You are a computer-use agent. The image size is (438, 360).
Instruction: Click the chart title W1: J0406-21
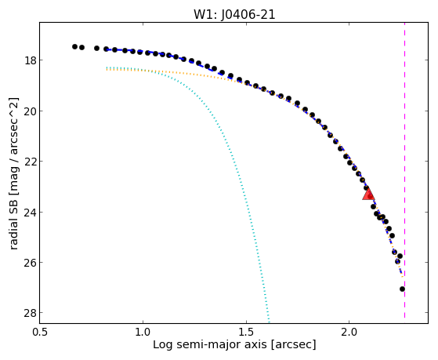pos(234,15)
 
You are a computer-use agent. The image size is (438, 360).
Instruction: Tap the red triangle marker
pos(368,194)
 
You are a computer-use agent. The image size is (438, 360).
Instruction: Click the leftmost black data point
pos(74,46)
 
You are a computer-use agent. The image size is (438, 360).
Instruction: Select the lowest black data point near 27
pos(402,289)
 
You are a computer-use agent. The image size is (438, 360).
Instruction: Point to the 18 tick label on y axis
pos(30,60)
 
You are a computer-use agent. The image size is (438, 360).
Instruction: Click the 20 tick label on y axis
pos(30,111)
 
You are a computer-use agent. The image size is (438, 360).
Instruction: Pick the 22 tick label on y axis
pos(30,162)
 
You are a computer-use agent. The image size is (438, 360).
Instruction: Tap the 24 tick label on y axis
pos(30,213)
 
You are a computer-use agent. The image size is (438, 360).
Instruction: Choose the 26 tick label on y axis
pos(30,263)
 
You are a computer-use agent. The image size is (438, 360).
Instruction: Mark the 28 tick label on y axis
pos(30,313)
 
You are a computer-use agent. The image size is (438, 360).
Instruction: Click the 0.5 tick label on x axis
pos(40,333)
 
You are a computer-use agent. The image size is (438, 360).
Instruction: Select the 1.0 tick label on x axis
pos(143,333)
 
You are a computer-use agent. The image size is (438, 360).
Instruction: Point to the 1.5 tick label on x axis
pos(246,333)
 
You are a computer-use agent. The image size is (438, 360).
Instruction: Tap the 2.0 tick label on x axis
pos(349,333)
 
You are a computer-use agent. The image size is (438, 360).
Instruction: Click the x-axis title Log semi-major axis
pos(209,344)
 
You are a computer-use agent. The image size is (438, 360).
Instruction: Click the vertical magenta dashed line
pos(404,170)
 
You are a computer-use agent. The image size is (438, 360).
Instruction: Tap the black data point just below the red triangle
pos(373,207)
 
